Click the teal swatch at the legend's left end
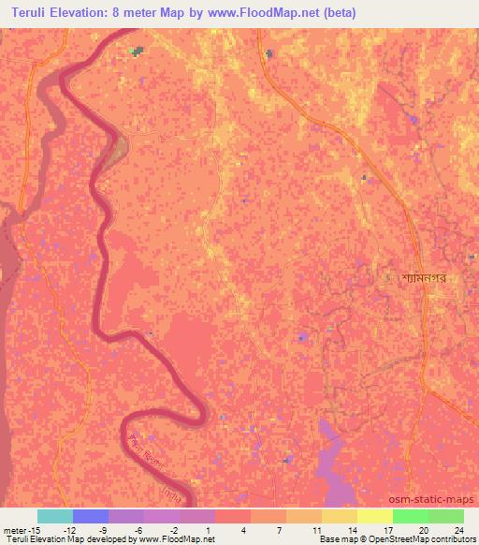pos(54,516)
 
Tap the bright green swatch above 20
pos(410,516)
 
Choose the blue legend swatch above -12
pos(90,516)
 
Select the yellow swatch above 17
pos(374,516)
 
